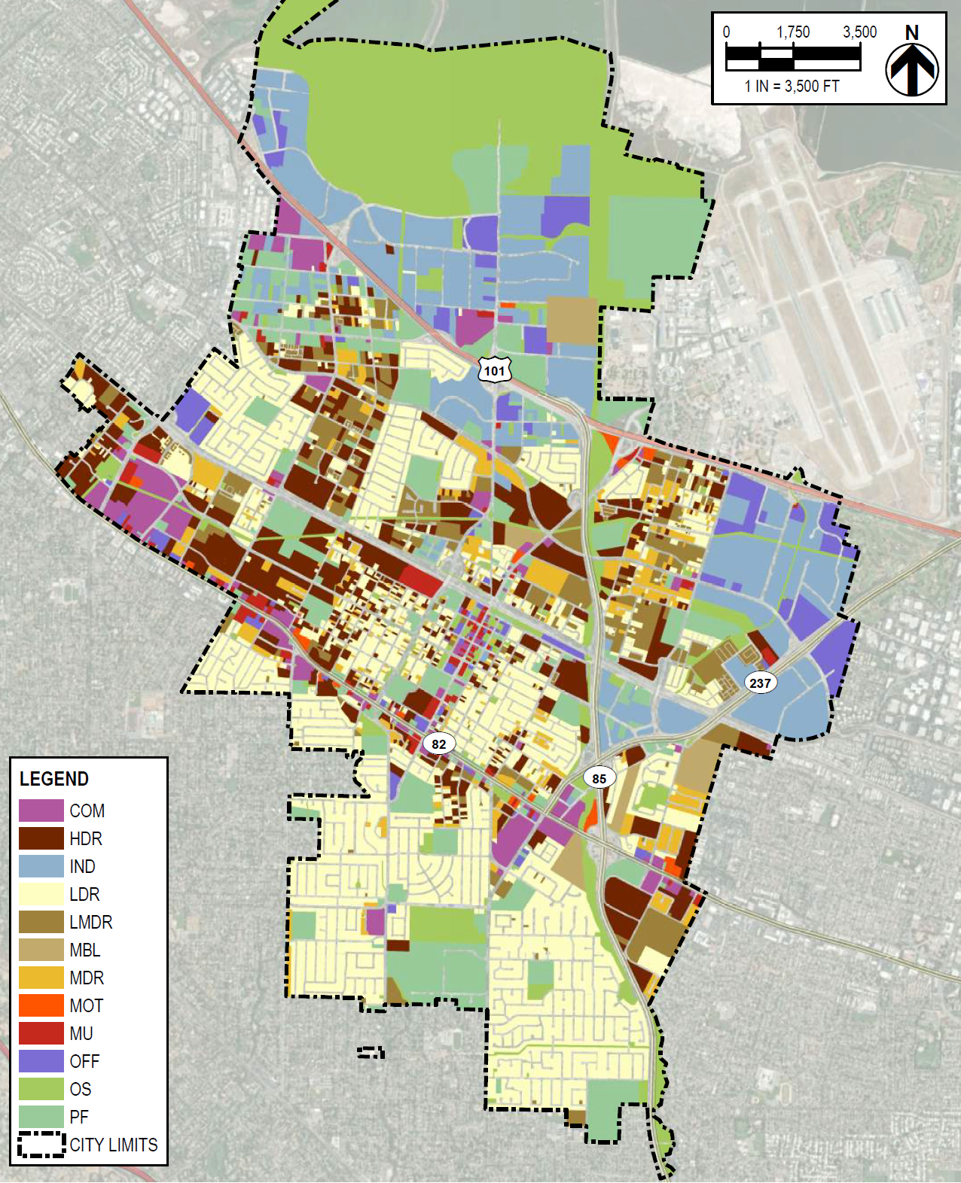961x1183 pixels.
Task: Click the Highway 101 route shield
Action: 494,369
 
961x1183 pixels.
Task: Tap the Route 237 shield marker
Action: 760,683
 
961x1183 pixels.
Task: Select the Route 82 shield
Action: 439,744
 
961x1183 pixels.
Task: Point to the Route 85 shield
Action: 599,778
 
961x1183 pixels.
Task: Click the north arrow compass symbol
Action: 911,70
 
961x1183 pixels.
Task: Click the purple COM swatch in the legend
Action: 41,810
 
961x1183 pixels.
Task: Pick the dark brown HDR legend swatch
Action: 41,838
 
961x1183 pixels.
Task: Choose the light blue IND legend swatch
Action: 41,866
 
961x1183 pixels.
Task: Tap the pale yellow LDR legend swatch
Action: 41,894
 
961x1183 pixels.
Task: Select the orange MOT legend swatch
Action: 41,1005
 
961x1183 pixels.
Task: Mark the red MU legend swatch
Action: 41,1033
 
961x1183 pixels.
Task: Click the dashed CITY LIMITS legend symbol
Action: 41,1145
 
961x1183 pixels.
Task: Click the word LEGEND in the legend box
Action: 54,779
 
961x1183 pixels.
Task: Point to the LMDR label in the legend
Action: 91,922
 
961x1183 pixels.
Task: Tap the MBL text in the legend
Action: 85,950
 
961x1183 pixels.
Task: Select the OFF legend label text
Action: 84,1061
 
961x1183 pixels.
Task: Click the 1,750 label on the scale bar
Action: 793,32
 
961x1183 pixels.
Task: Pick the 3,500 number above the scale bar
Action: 859,32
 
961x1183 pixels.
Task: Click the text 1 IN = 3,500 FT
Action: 792,86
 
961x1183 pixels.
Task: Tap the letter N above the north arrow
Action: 911,32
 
